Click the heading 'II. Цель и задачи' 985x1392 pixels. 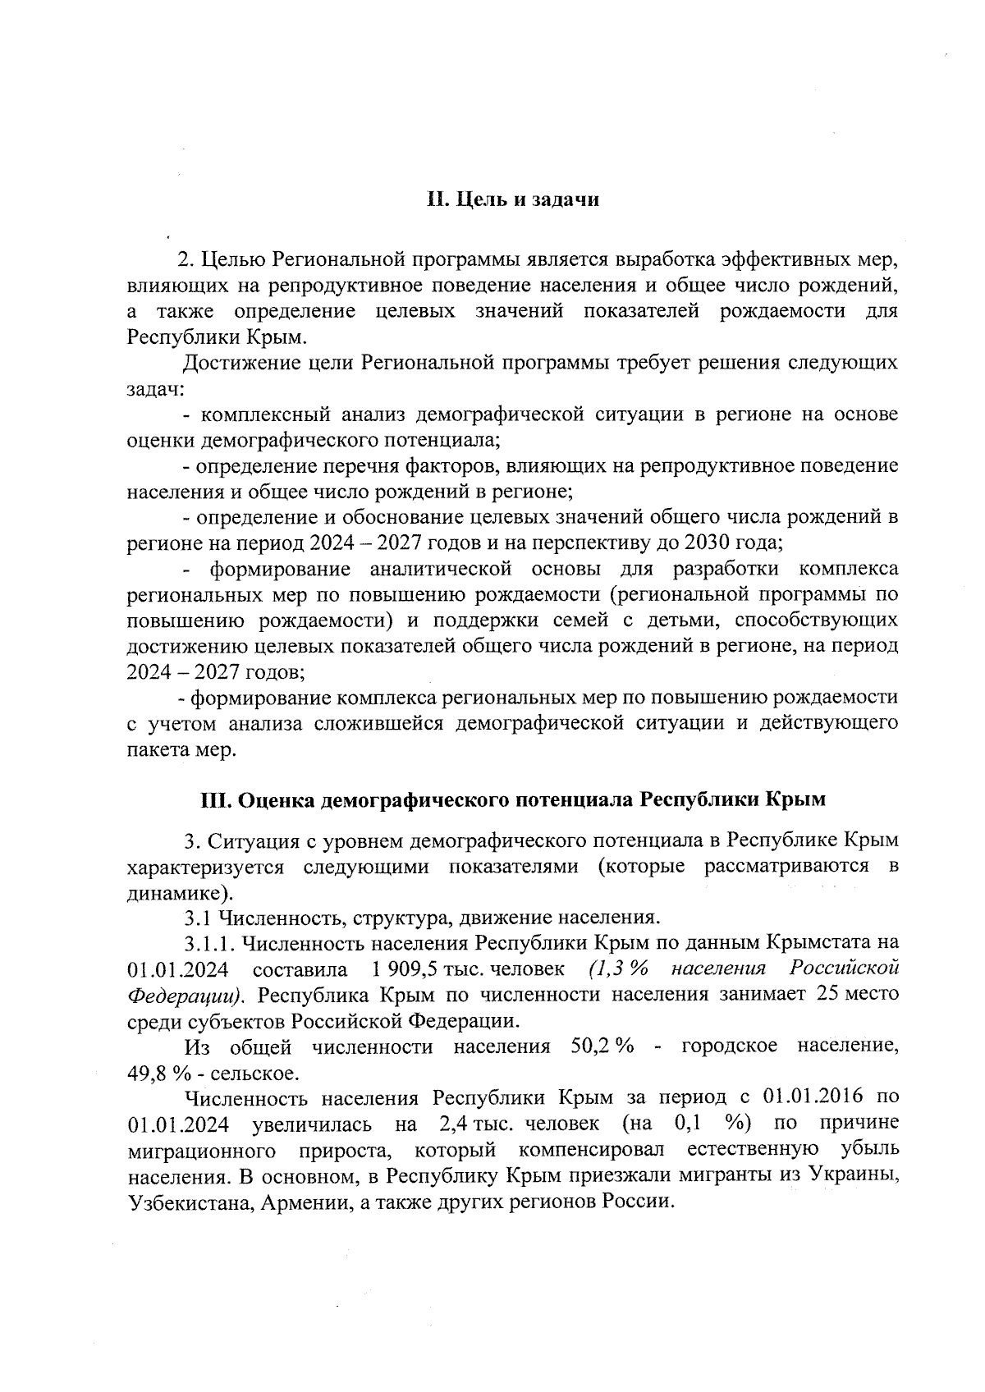click(513, 200)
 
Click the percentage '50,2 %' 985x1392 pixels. click(601, 1046)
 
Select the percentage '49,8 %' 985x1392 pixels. click(155, 1073)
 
